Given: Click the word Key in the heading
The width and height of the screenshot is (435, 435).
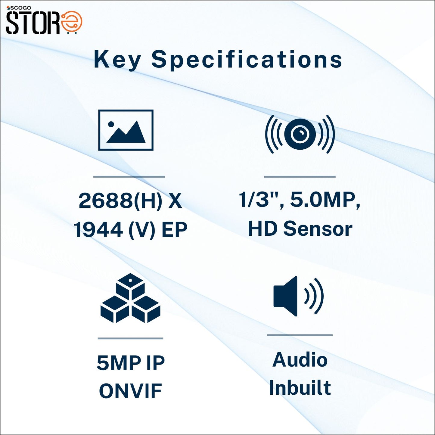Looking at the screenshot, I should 117,60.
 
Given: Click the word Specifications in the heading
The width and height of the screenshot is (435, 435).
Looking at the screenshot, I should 247,60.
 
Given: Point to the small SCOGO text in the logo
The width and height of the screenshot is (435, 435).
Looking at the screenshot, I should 19,8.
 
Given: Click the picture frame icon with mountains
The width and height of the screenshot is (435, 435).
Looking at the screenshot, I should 126,130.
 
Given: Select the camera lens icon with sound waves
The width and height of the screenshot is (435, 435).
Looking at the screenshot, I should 300,134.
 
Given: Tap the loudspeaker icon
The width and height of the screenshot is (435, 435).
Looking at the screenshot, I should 298,296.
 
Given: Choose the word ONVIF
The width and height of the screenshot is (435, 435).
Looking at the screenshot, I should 130,391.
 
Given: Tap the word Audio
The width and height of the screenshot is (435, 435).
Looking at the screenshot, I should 300,360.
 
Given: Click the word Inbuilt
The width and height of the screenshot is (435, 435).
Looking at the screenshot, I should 300,387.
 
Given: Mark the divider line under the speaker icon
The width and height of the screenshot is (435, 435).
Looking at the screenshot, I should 300,335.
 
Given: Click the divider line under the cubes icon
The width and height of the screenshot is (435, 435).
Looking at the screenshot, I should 130,338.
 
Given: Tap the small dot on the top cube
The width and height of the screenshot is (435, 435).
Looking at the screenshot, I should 130,280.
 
